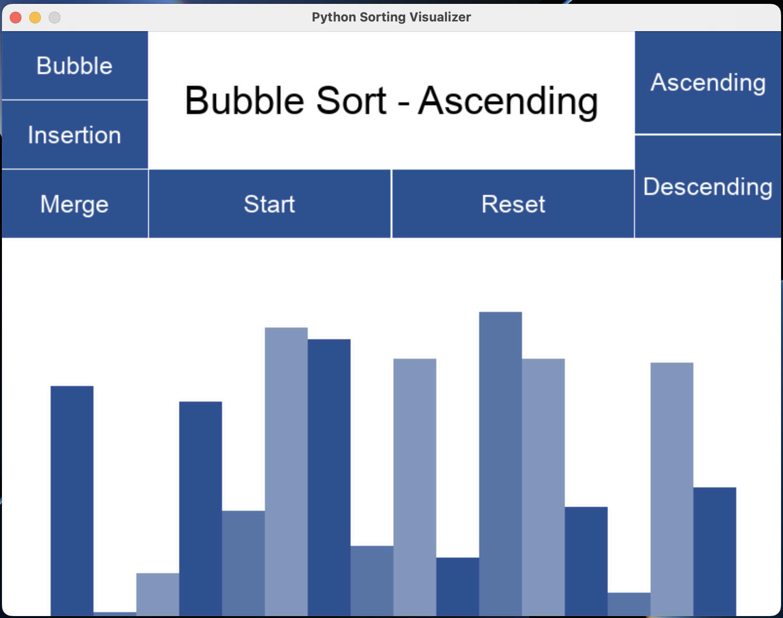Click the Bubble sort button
75,65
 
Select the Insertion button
75,135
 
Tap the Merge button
75,204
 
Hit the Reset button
513,204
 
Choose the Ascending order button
708,82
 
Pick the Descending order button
708,187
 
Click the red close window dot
16,18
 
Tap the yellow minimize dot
35,18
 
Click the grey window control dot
55,18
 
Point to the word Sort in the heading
351,100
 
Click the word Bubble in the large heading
244,100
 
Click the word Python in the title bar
334,17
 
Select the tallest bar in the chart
500,464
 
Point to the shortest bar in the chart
115,614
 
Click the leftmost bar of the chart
72,501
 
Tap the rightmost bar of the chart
715,552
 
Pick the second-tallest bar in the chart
286,472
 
